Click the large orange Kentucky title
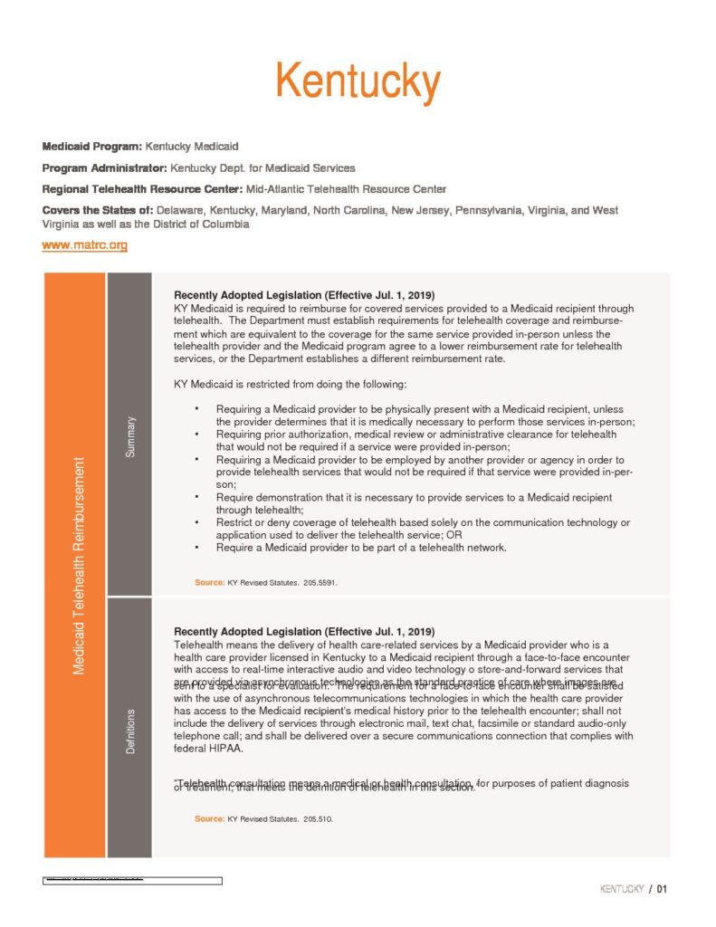coord(358,82)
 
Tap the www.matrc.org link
coord(84,245)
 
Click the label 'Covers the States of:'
coord(98,210)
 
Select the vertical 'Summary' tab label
coord(130,436)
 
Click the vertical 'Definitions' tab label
coord(130,731)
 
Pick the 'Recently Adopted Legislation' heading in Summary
coord(304,296)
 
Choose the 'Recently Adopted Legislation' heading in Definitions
coord(304,631)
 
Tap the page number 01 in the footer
coord(663,889)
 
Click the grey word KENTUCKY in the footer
coord(622,889)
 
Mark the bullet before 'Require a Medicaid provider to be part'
coord(196,548)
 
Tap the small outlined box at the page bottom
coord(132,880)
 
